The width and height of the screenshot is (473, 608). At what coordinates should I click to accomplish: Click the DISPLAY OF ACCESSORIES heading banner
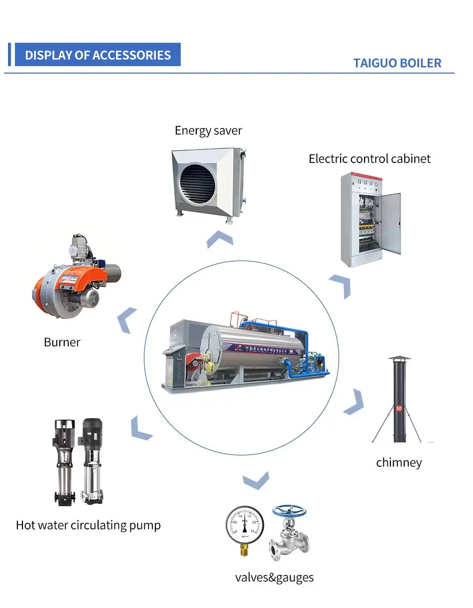pos(98,55)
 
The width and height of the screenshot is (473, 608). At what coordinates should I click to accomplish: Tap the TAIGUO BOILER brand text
pos(397,63)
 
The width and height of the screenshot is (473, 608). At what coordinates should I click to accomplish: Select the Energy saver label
pos(208,131)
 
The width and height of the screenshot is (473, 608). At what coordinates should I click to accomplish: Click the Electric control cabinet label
pos(369,159)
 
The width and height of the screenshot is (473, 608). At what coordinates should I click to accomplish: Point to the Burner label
pos(62,342)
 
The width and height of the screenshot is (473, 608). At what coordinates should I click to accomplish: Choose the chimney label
pos(399,462)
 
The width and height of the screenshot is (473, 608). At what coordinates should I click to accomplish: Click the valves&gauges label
pos(274,577)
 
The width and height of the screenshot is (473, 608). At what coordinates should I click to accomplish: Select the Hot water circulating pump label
pos(88,525)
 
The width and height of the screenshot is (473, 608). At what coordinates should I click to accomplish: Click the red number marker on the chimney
pos(398,409)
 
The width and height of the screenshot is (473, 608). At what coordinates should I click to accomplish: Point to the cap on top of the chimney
pos(400,359)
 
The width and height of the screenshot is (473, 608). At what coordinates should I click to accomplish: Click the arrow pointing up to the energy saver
pos(220,240)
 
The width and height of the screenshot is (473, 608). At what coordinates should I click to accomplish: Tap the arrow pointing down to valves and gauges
pos(256,481)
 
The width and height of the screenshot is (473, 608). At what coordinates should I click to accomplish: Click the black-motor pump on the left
pos(64,460)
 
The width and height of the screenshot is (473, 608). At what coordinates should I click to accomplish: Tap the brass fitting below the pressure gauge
pos(244,549)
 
